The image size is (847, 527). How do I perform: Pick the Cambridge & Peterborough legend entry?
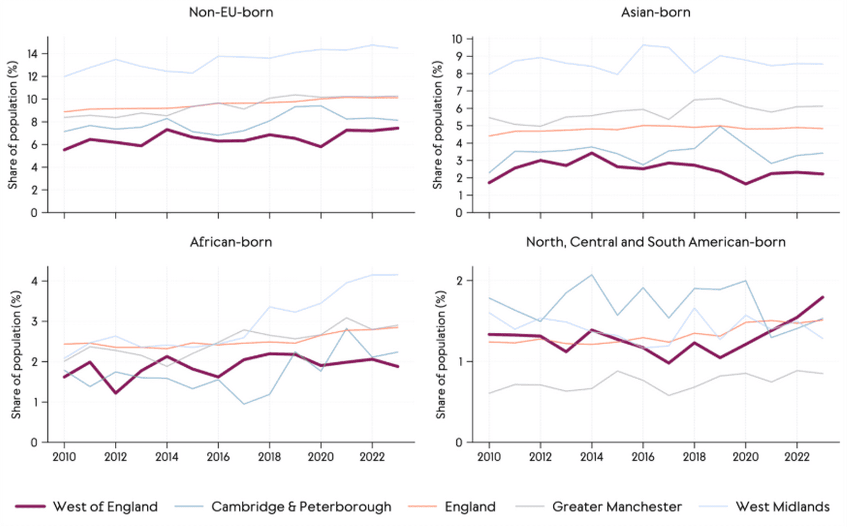[301, 507]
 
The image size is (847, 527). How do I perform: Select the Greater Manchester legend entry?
[616, 507]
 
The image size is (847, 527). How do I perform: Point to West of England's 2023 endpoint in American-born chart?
[822, 297]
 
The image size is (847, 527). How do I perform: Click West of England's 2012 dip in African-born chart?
[115, 393]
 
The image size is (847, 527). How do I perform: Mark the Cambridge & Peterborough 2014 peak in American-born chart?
[591, 275]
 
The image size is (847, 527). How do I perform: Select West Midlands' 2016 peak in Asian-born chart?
[642, 45]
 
